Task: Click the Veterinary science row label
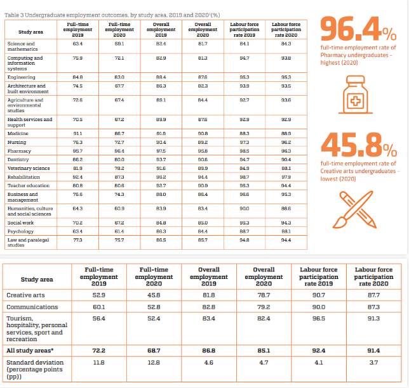28,168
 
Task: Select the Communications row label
32,307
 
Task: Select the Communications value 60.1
98,307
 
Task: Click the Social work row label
20,223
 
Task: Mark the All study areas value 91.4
373,350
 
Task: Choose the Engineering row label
21,77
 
